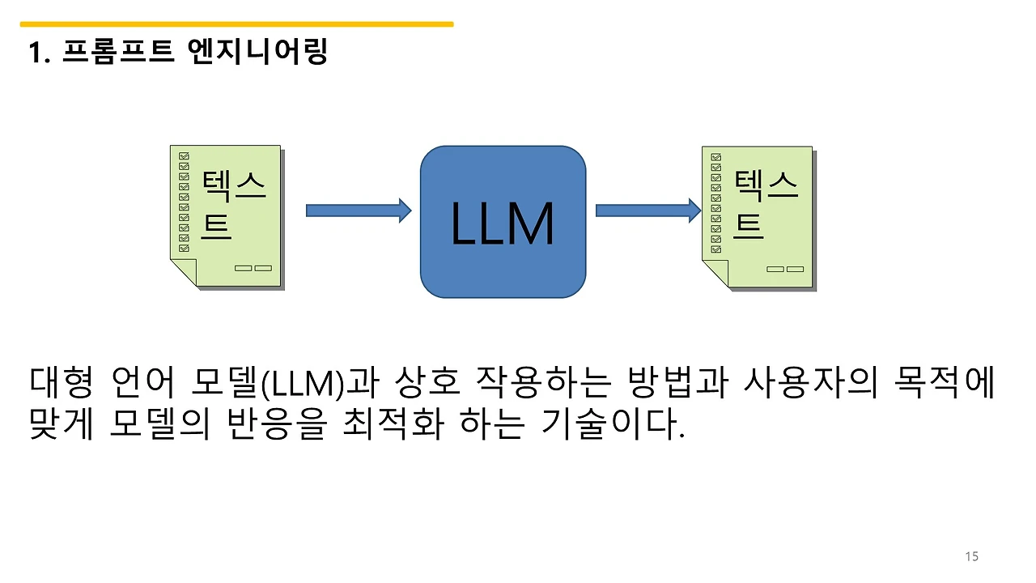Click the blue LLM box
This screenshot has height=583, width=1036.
click(503, 222)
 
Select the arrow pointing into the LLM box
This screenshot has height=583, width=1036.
click(358, 211)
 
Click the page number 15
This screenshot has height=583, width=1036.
click(972, 556)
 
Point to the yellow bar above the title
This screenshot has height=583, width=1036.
click(236, 24)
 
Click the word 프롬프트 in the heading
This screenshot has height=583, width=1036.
click(117, 53)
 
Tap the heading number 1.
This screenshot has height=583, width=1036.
click(36, 54)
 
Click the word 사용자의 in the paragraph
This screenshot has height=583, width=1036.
click(809, 383)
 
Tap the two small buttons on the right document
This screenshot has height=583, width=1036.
click(785, 269)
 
